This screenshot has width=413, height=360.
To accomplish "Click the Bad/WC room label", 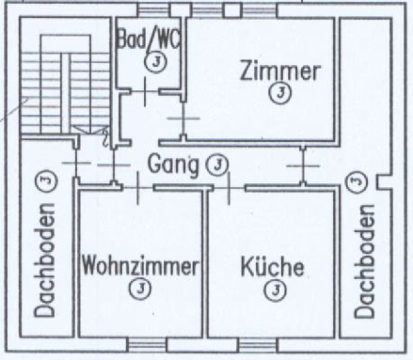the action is (149, 39).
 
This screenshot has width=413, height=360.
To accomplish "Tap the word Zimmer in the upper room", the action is (280, 71).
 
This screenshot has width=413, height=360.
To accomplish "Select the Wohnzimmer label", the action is (140, 266).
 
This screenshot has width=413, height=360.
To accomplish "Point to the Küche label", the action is (272, 266).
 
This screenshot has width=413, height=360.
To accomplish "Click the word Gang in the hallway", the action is (173, 164).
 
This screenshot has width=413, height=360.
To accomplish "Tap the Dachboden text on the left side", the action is (44, 259).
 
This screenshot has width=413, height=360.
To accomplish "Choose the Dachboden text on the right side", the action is (364, 261).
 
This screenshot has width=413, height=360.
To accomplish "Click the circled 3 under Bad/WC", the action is (155, 61).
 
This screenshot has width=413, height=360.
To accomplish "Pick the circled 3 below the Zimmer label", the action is (280, 93).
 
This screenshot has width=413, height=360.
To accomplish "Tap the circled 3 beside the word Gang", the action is (217, 164).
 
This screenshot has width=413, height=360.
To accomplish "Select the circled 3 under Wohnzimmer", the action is (140, 289).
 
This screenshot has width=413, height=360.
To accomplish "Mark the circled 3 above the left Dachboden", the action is (47, 180).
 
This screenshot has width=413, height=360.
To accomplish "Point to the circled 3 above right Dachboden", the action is (356, 181).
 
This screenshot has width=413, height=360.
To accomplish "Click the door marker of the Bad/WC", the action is (145, 91).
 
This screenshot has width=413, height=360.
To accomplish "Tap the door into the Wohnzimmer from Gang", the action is (138, 188).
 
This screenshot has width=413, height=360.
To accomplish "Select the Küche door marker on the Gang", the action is (229, 188).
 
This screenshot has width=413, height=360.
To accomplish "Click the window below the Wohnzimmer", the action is (148, 345).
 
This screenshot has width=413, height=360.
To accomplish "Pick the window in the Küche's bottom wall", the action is (258, 345).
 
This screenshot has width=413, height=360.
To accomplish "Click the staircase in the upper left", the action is (65, 84).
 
